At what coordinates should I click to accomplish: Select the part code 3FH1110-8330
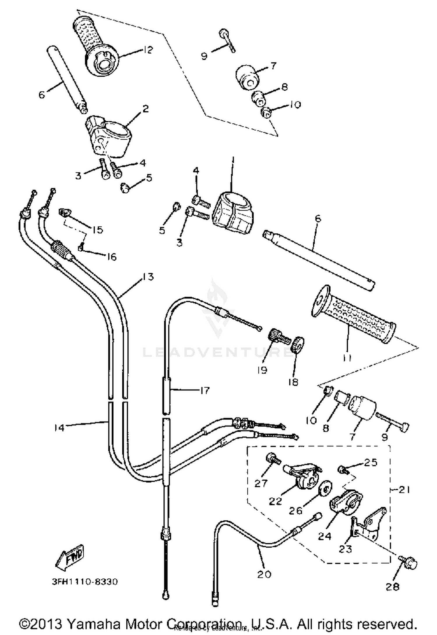click(x=85, y=582)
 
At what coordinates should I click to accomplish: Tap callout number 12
click(x=148, y=50)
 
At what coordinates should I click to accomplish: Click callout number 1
click(x=233, y=161)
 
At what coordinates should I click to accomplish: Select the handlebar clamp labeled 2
click(x=108, y=136)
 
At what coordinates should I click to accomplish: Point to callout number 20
click(x=264, y=574)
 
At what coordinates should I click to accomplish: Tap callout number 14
click(x=59, y=428)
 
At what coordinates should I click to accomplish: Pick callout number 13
click(x=148, y=277)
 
